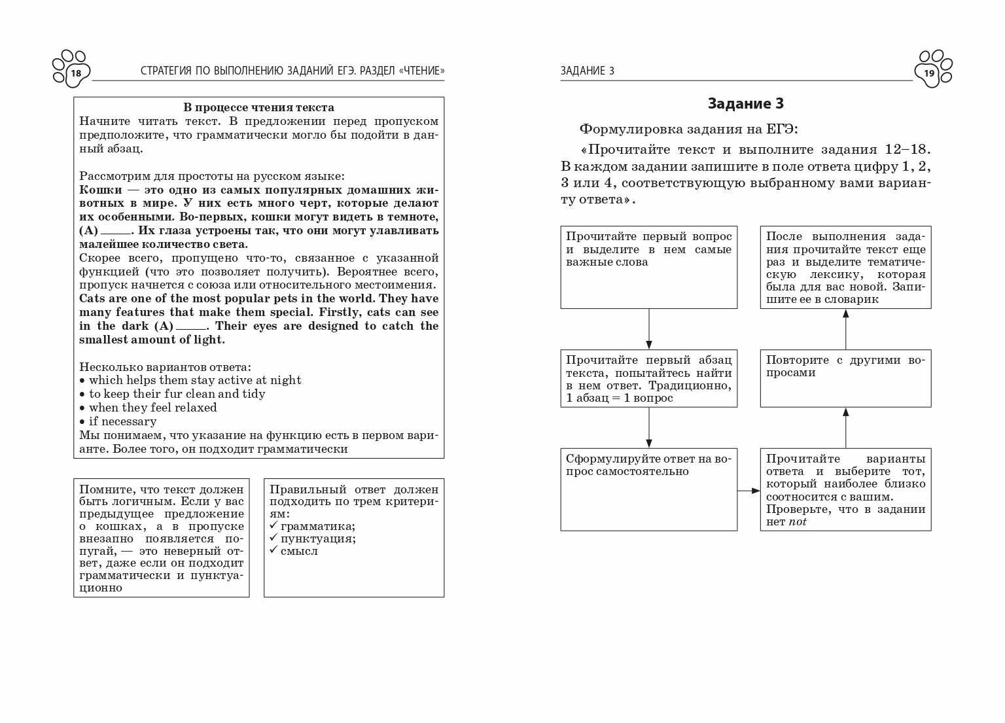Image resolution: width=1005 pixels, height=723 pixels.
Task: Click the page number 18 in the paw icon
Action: pos(76,73)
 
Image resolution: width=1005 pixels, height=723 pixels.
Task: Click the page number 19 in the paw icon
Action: pos(929,73)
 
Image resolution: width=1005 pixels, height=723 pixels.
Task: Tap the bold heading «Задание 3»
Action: pos(745,103)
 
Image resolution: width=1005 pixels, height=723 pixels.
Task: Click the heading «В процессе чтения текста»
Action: pos(258,108)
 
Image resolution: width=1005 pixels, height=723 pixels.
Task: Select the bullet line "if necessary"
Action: pos(122,421)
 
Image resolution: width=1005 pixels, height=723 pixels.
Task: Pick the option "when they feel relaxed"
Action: pos(152,408)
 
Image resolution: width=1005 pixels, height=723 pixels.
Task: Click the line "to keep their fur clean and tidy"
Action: pos(177,394)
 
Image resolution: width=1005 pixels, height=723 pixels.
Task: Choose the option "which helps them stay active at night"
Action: pos(195,380)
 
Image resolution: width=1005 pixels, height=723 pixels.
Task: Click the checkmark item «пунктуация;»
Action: pos(318,538)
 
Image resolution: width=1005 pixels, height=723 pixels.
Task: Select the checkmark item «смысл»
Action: pos(299,551)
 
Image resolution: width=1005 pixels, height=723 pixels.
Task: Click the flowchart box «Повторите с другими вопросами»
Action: pos(845,378)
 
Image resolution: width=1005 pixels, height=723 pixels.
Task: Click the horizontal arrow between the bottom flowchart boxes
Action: pos(749,490)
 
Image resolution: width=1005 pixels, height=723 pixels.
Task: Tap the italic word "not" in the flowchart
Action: pos(798,522)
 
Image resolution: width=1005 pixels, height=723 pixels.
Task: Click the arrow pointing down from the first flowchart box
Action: pos(649,329)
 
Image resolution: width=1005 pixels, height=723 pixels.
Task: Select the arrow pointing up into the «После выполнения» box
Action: pos(845,329)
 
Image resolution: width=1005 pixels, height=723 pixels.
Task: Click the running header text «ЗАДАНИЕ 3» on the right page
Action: pos(587,71)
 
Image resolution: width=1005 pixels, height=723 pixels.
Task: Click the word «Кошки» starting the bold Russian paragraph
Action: pos(100,190)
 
